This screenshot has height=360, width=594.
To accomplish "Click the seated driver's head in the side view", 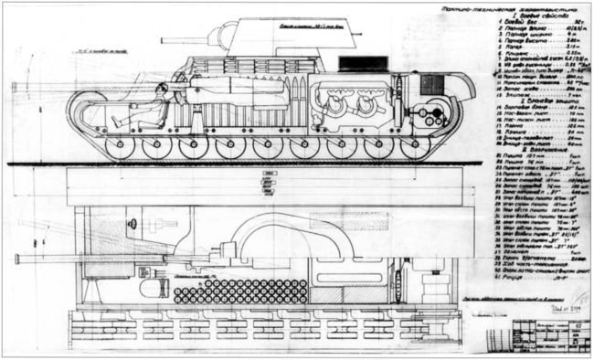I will click(162, 90).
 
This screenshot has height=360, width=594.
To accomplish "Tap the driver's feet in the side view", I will click(115, 122).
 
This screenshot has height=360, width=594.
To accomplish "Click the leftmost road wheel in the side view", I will click(118, 147).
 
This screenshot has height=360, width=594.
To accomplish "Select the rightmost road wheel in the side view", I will click(416, 147).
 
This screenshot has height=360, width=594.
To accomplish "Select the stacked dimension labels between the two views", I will click(268, 183).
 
